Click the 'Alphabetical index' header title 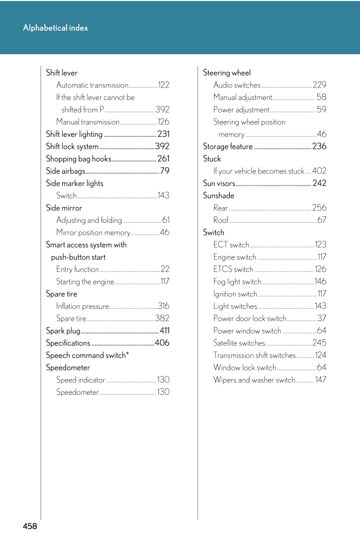click(55, 28)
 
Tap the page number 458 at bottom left click(30, 526)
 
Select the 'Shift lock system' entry click(72, 147)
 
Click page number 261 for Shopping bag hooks click(163, 159)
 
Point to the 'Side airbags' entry click(65, 171)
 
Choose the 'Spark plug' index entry click(63, 331)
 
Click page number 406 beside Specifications click(162, 343)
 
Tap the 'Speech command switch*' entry click(87, 355)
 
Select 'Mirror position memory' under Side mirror click(93, 233)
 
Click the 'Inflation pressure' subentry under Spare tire click(83, 307)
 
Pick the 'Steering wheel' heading click(226, 73)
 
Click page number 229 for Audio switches click(319, 85)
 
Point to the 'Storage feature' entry click(228, 147)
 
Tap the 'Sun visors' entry click(219, 183)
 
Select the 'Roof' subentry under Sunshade click(221, 220)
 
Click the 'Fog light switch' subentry click(237, 282)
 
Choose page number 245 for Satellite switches click(319, 343)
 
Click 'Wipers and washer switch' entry click(254, 380)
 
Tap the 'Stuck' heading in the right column click(212, 159)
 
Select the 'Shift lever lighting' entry click(74, 134)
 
